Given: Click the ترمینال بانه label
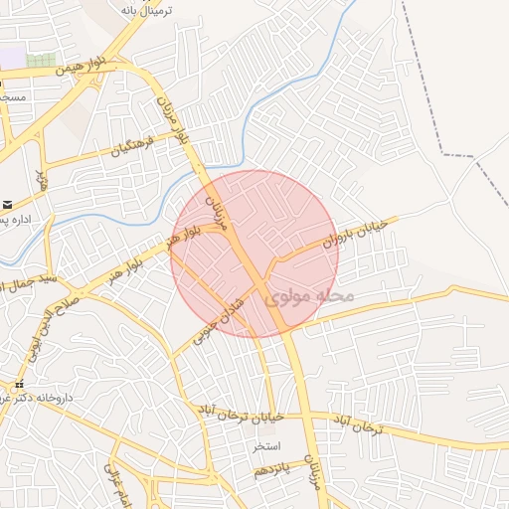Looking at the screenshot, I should point(146,10).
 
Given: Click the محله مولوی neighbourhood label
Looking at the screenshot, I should point(310,297).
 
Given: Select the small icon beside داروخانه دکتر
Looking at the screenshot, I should point(18,384).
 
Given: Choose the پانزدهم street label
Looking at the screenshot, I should point(271,468).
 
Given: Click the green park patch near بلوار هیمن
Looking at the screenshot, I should point(41,61).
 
